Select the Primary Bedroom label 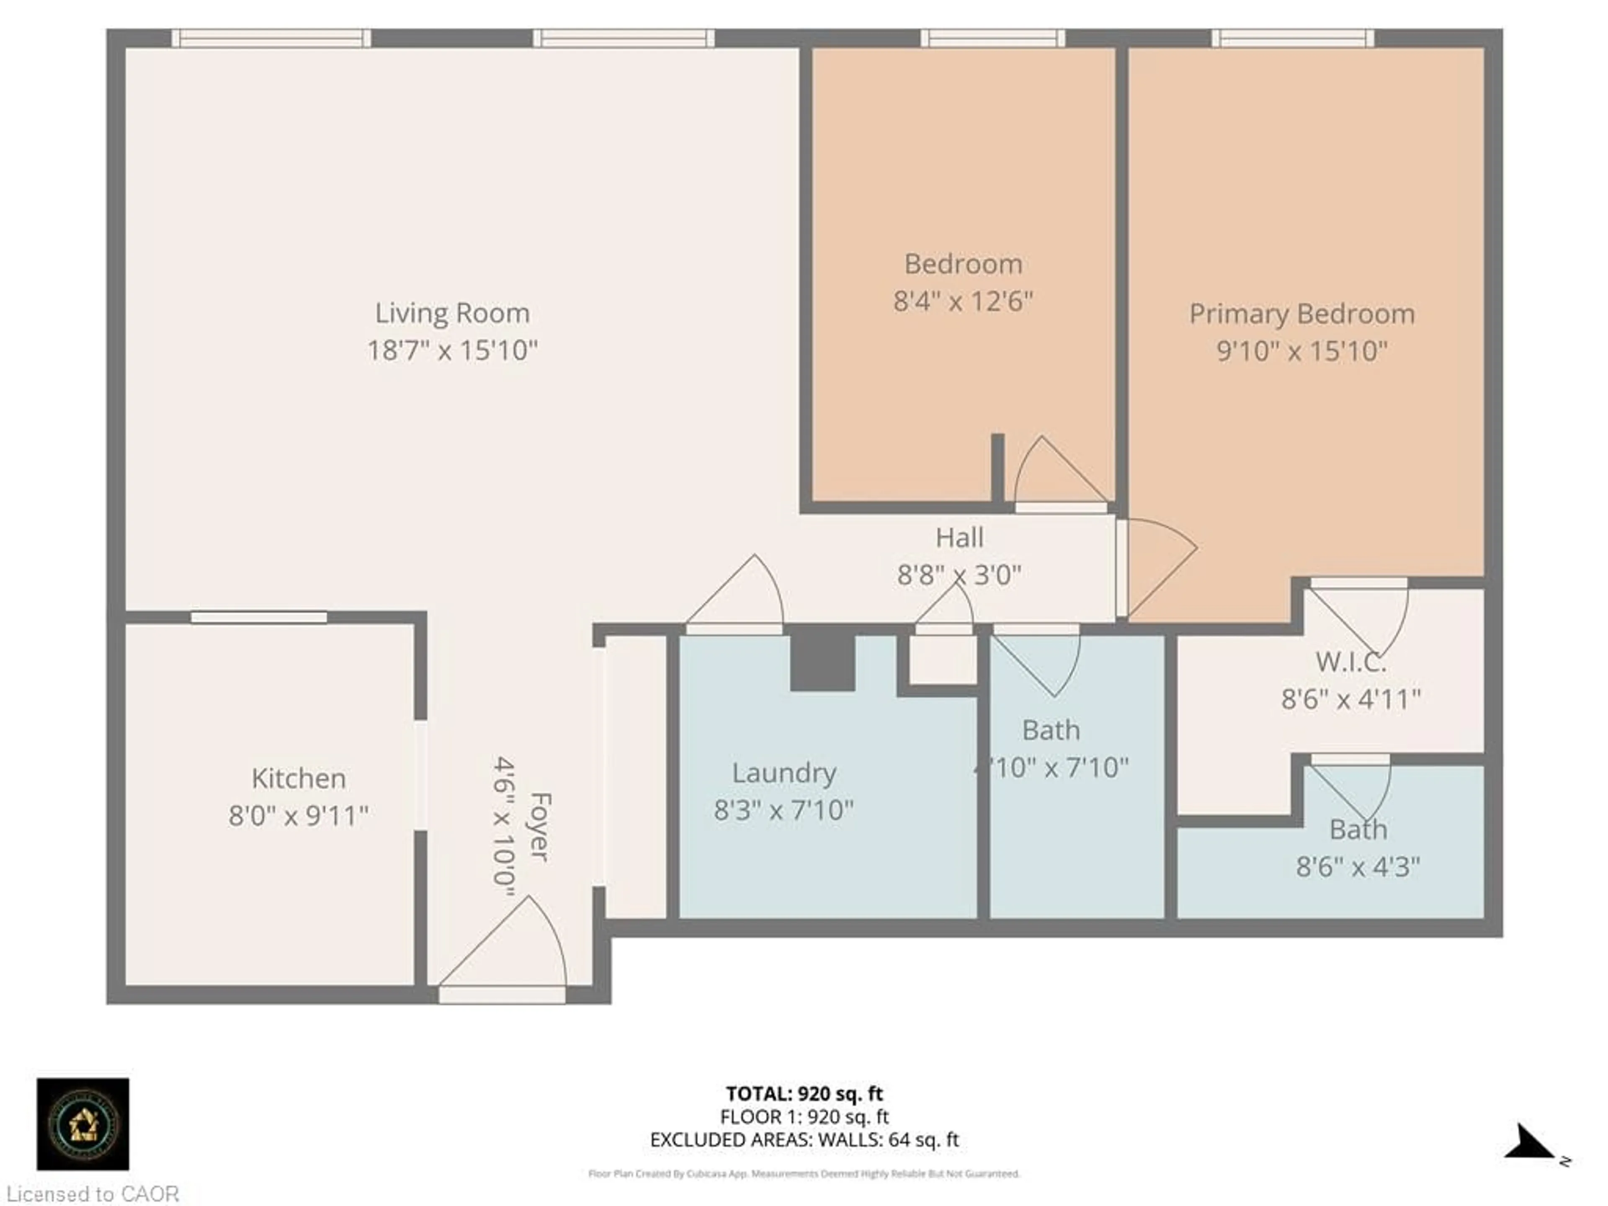(x=1301, y=314)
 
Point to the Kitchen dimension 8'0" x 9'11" (x=298, y=816)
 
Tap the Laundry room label (x=783, y=773)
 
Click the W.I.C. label (x=1350, y=662)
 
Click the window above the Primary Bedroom (x=1293, y=38)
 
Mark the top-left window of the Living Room (x=271, y=38)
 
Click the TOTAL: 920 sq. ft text (x=804, y=1093)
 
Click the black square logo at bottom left (x=83, y=1124)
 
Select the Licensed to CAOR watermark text (x=92, y=1193)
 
